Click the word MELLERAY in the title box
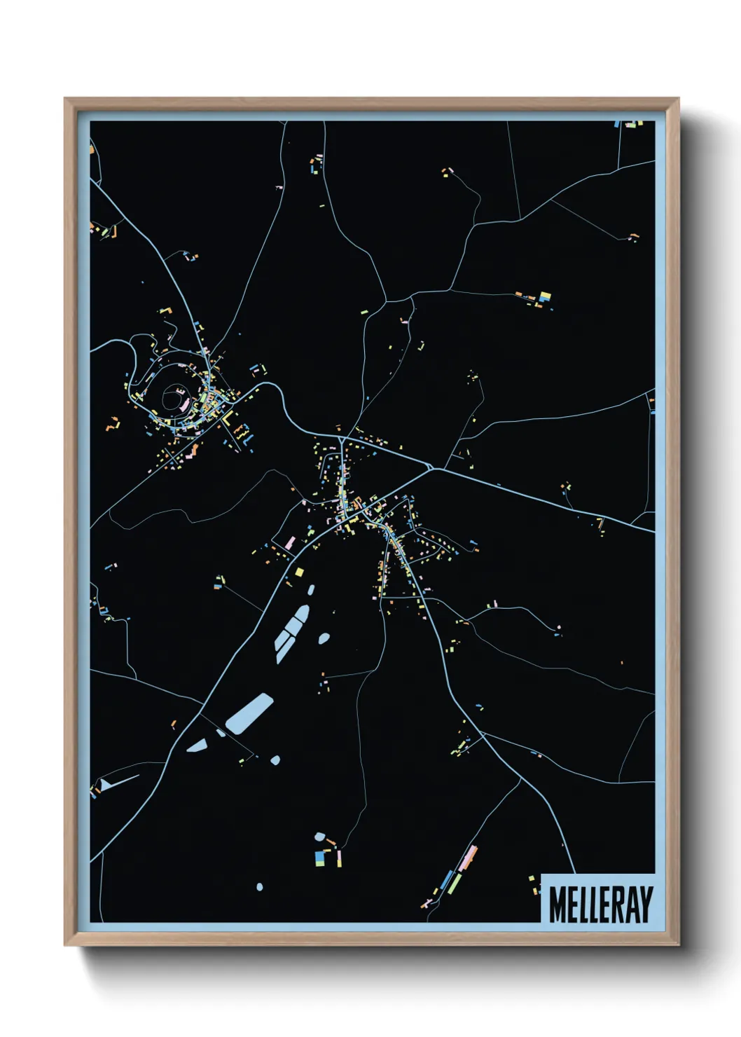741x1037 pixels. [600, 904]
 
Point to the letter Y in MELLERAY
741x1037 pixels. [645, 904]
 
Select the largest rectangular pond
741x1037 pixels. [249, 713]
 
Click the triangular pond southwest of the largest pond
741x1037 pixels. [197, 745]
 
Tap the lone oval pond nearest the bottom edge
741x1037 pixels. [260, 887]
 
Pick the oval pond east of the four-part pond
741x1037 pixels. [324, 638]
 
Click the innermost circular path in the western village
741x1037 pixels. [172, 399]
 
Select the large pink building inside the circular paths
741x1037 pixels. [184, 404]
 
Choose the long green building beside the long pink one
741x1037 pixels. [455, 883]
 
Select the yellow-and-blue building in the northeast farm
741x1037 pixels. [544, 297]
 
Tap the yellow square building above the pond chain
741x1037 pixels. [300, 572]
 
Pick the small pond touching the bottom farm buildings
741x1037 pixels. [320, 837]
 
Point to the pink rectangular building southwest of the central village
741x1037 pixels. [289, 543]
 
